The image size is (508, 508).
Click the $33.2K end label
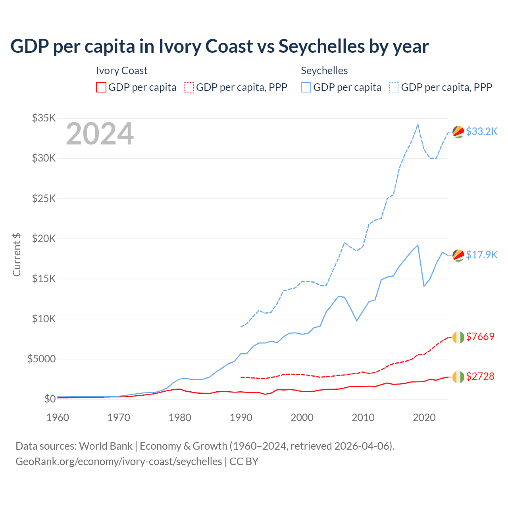481,131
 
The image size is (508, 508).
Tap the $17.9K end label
481,255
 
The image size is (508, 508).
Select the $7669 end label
480,337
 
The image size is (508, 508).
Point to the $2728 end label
480,376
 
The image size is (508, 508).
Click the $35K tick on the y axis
44,118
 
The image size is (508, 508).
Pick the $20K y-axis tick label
44,239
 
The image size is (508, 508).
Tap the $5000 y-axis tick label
41,359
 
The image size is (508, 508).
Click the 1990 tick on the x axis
241,418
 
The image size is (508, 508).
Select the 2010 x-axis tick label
363,418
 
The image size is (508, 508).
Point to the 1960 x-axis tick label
58,418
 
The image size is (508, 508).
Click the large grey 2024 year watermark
100,134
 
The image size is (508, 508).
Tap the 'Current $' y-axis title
17,254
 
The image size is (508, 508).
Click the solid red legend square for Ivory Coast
101,87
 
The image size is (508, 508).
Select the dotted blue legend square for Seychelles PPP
394,87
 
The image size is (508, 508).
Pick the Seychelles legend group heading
324,71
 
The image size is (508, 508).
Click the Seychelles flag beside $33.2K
458,132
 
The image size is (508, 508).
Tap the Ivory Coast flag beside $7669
458,337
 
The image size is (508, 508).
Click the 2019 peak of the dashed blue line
418,124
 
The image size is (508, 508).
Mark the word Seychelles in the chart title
321,46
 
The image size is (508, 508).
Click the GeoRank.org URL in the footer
119,462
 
